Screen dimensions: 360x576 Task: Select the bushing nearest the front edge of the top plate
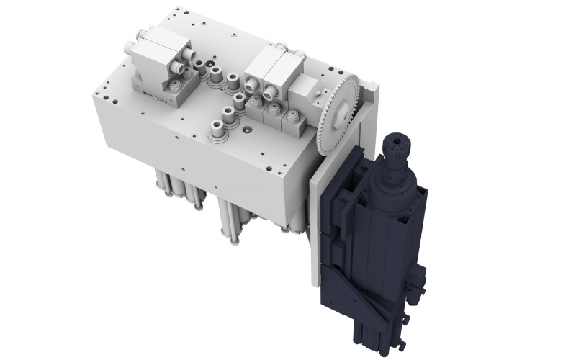215,130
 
